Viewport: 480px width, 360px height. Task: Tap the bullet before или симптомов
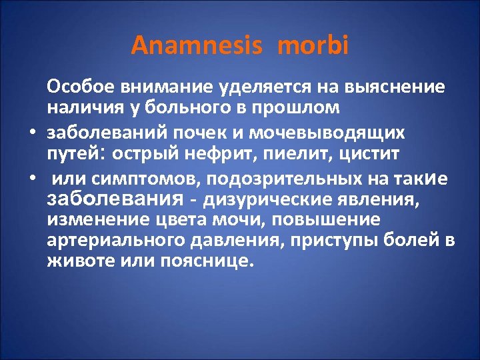pos(31,179)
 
